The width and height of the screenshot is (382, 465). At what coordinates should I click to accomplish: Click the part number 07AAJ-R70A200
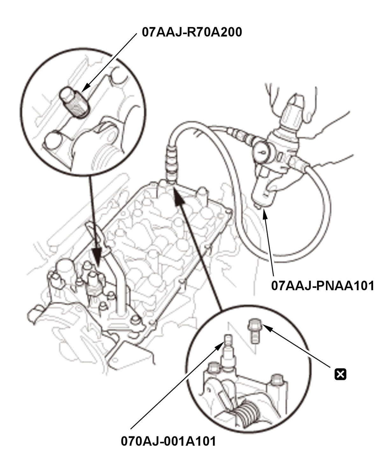[x=192, y=32]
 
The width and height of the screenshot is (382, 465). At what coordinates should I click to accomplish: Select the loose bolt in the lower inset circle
[x=254, y=330]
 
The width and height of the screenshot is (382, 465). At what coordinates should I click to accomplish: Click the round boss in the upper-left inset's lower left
[x=53, y=140]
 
